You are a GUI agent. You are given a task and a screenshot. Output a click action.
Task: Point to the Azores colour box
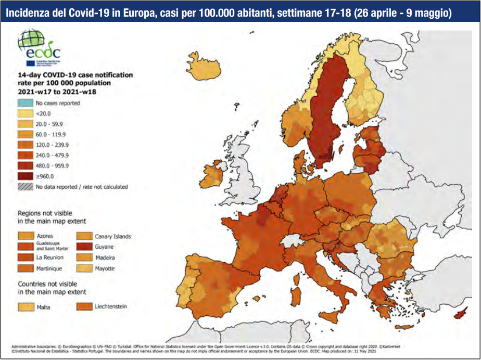point(25,236)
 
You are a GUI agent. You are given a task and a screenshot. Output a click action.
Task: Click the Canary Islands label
point(113,236)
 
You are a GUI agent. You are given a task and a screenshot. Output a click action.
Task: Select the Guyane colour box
point(84,247)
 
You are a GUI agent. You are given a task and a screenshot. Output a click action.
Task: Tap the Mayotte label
point(105,268)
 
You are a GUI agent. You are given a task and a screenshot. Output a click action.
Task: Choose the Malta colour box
point(25,306)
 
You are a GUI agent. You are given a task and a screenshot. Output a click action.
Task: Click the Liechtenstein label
point(111,306)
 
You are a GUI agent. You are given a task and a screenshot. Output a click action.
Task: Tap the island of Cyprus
point(460,314)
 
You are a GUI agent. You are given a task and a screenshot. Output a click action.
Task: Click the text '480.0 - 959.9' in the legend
point(53,165)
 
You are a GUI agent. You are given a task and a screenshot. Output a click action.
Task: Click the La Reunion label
point(50,258)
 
